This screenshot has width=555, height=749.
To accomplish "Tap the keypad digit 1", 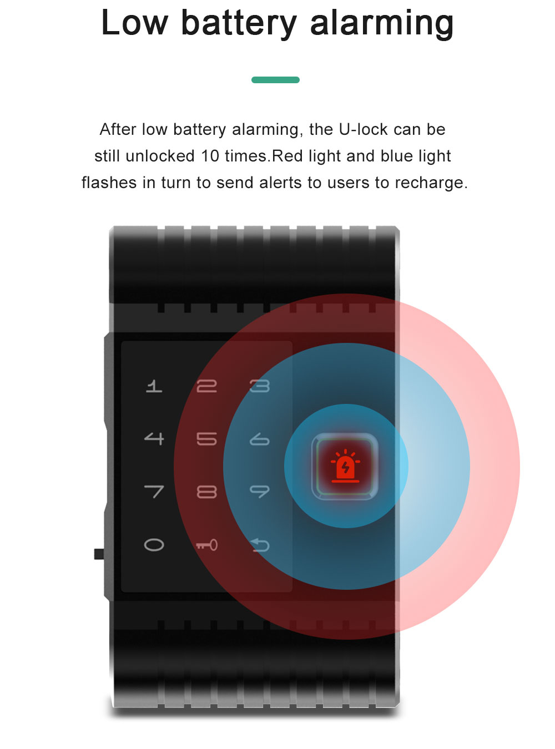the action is [x=154, y=386].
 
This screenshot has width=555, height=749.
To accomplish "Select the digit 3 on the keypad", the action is [x=259, y=386].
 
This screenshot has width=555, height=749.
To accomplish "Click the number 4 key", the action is [x=154, y=439].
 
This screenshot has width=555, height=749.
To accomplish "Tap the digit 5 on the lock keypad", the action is [x=206, y=439].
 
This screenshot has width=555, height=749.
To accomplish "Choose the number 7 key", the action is [x=154, y=492].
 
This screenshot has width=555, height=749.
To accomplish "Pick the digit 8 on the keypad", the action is [x=206, y=492].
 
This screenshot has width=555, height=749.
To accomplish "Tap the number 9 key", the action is [x=259, y=492].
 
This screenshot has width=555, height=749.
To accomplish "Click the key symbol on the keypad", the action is [x=206, y=545].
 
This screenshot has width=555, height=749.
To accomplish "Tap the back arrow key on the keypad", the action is [x=259, y=545].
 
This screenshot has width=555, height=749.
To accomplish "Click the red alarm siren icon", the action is [x=345, y=465].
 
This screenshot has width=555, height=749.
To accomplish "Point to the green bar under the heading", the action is [x=275, y=80].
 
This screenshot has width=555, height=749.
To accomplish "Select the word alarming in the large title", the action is [x=382, y=24].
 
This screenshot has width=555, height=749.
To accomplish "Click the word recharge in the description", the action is [x=428, y=183].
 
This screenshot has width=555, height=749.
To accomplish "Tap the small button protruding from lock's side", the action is [x=99, y=554].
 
